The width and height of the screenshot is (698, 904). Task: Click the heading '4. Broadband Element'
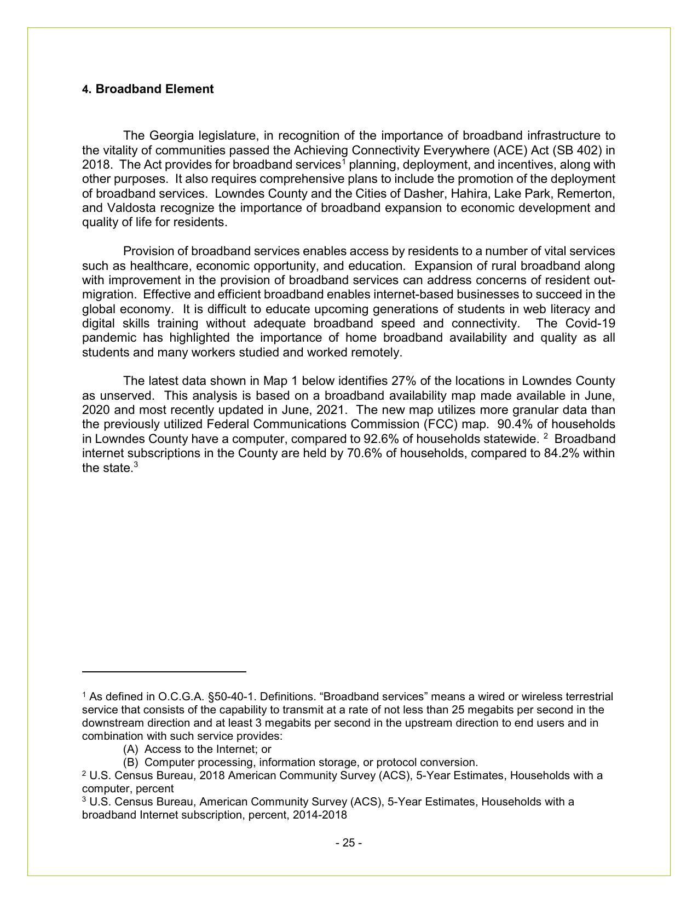[x=148, y=89]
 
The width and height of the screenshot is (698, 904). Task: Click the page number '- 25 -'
[x=349, y=843]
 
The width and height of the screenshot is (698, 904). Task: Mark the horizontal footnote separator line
[x=164, y=671]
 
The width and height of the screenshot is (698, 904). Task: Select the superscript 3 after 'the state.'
[x=136, y=465]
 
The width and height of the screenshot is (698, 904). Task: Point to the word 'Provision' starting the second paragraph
[x=147, y=251]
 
